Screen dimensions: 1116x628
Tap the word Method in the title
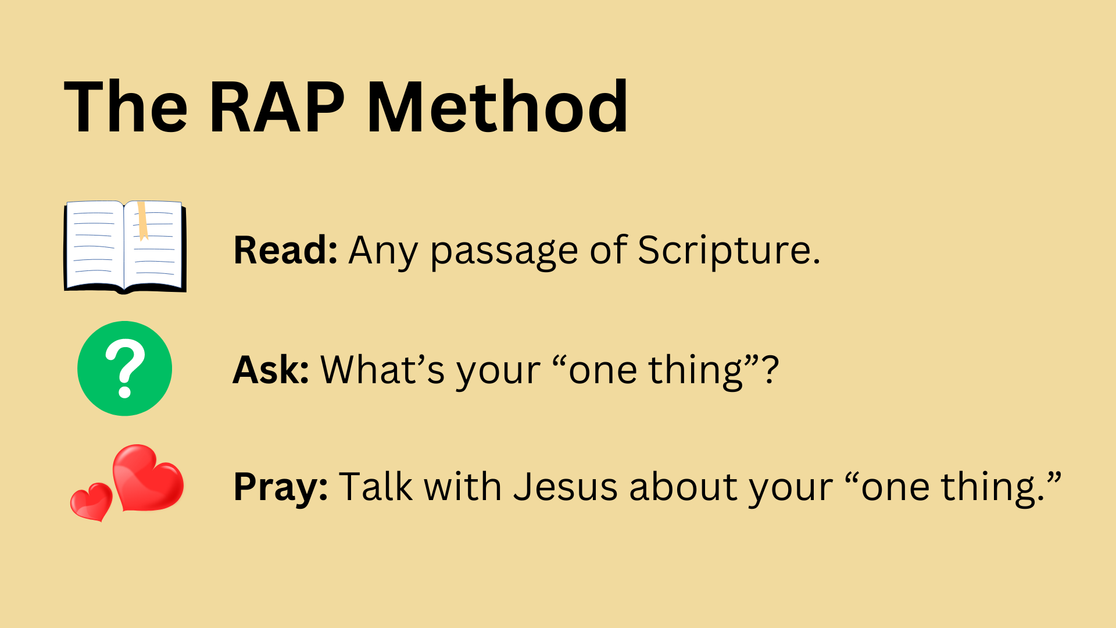pos(498,106)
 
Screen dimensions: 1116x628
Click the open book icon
pos(125,247)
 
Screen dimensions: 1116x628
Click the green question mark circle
pos(124,369)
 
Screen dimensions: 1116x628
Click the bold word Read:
pos(285,250)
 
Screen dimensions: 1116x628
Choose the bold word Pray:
pos(281,487)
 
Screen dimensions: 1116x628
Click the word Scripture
pos(729,251)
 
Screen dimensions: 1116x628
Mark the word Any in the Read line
pos(383,252)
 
